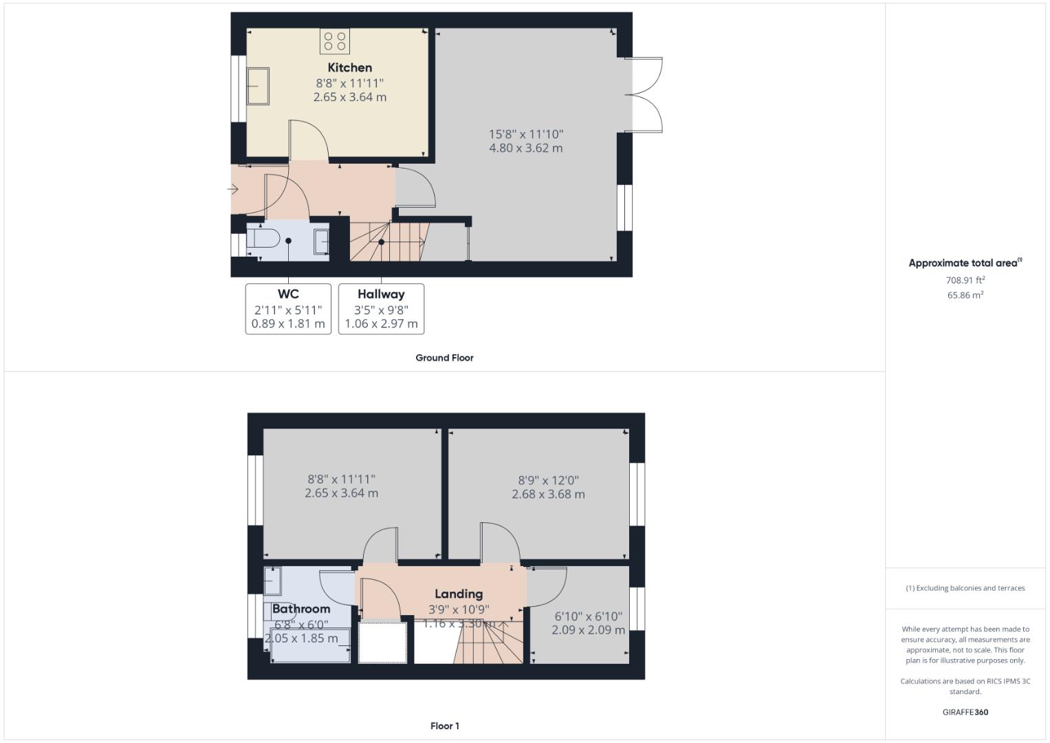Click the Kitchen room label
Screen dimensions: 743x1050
[x=349, y=67]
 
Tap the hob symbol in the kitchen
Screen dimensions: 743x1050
[x=334, y=41]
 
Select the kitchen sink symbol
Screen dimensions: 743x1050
[x=258, y=86]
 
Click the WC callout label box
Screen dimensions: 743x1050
[x=288, y=309]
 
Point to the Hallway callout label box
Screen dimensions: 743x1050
[x=381, y=309]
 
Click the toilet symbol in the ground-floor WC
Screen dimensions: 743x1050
[x=263, y=239]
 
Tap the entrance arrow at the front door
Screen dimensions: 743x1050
[x=234, y=189]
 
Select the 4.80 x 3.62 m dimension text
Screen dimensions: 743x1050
[x=525, y=148]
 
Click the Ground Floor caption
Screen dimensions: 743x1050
[x=444, y=358]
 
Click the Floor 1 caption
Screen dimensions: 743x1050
[x=444, y=726]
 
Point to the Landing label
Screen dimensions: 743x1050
[x=459, y=594]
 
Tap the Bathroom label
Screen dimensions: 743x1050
[x=301, y=609]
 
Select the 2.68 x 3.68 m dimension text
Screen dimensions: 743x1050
[x=548, y=494]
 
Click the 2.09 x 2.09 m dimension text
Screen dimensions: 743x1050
[x=588, y=630]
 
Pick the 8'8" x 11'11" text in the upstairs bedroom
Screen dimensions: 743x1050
[x=341, y=480]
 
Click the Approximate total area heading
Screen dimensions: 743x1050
[x=965, y=263]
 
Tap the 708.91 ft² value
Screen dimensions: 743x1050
[x=965, y=280]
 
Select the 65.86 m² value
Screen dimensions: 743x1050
[x=965, y=295]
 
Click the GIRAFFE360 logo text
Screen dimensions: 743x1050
[x=965, y=712]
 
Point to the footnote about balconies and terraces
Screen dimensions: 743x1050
[x=965, y=588]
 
